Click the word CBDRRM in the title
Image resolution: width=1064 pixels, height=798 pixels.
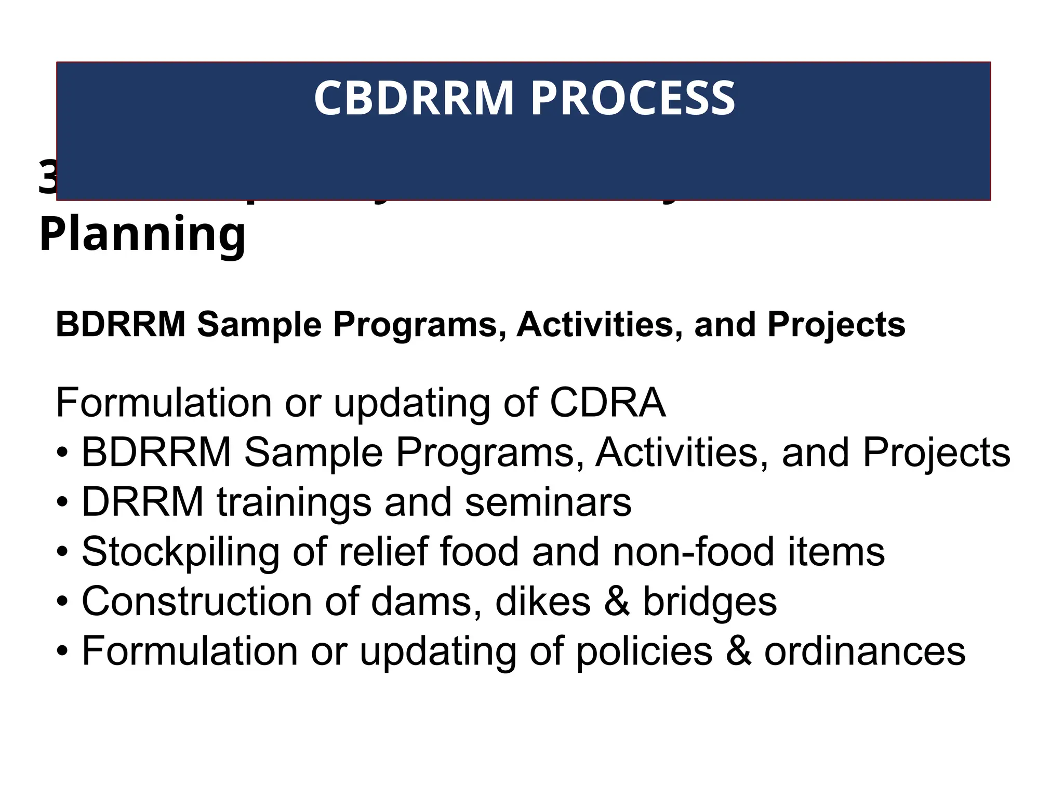coord(414,98)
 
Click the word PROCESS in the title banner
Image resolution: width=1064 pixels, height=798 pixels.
coord(632,98)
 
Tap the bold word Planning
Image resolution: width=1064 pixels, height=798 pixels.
coord(142,235)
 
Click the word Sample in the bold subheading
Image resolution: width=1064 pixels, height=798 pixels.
coord(260,325)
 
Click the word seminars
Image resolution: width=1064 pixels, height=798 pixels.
coord(548,502)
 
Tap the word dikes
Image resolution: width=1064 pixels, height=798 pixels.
coord(542,602)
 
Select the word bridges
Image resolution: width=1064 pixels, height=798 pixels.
coord(710,602)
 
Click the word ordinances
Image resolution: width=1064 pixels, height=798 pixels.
coord(864,651)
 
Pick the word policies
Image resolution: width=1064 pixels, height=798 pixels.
coord(644,651)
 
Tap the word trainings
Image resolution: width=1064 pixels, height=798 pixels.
coord(294,502)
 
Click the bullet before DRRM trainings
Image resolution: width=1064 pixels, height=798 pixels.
coord(62,503)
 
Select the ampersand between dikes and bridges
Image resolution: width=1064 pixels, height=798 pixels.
coord(617,602)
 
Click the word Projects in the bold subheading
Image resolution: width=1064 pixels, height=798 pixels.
coord(836,325)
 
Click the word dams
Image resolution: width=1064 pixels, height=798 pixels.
coord(425,602)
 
